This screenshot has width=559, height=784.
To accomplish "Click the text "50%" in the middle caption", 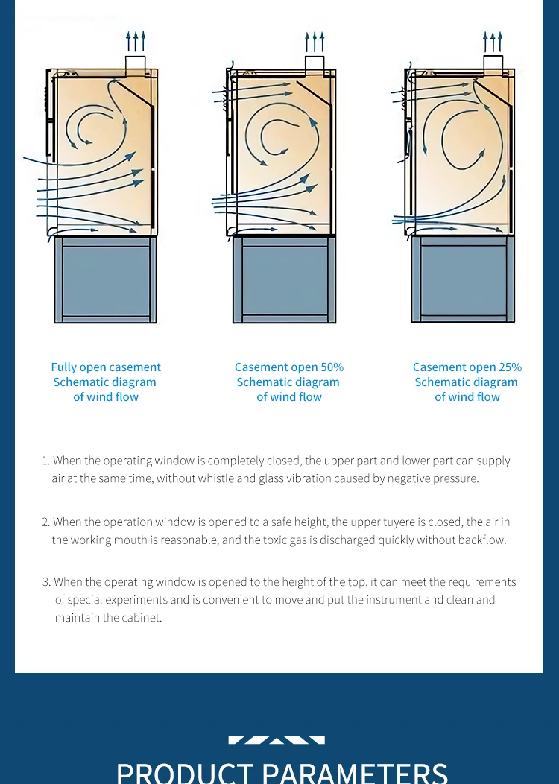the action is (332, 367).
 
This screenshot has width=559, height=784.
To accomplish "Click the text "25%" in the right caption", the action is (510, 367).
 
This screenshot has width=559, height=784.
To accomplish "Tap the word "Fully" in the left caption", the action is (63, 367).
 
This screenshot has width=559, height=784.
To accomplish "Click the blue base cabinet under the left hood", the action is (106, 279).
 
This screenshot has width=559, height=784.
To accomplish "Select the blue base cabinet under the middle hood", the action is (284, 279).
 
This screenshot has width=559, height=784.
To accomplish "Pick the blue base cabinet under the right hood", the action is (463, 279).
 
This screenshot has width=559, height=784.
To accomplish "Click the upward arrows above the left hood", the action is (136, 41).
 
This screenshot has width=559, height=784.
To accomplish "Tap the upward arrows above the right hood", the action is (493, 41).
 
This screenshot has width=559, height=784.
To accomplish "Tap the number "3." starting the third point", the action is (46, 582).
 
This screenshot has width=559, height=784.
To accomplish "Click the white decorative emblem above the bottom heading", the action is (277, 740).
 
